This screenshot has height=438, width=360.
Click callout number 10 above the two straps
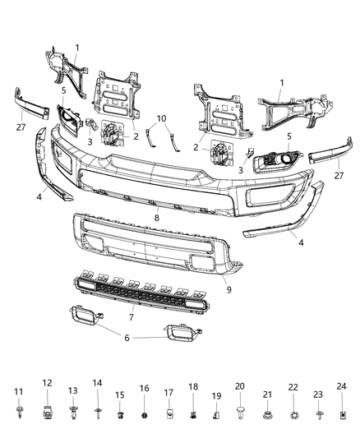tap(162, 118)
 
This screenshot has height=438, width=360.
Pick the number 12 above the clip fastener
tap(48, 383)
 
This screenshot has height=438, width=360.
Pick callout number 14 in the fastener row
tap(97, 383)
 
